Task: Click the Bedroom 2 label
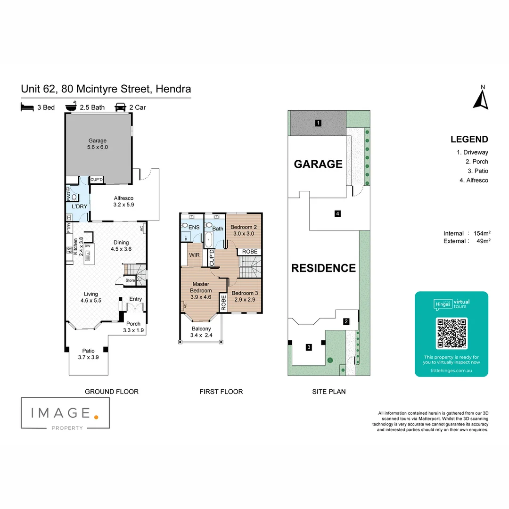(243, 230)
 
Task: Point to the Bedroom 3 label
(245, 296)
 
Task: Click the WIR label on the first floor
(194, 255)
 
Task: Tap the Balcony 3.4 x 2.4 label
(201, 332)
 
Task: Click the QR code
(452, 334)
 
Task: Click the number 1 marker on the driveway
(318, 123)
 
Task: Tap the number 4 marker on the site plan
(337, 214)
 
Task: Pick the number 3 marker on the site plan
(309, 347)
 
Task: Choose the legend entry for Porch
(477, 162)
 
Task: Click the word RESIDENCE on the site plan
(323, 268)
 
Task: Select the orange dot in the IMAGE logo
(96, 417)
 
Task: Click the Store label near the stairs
(130, 280)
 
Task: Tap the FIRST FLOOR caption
(221, 391)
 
